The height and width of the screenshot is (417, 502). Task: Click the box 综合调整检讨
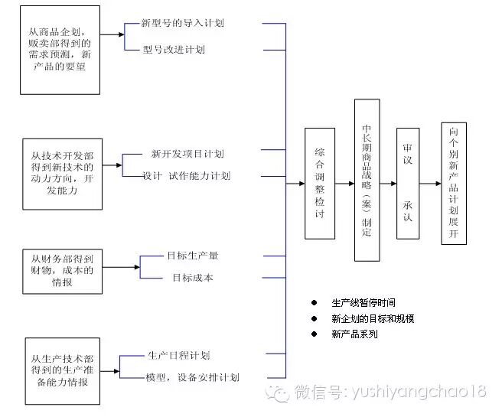pyautogui.click(x=320, y=184)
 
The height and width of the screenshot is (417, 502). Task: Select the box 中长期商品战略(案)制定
pyautogui.click(x=367, y=180)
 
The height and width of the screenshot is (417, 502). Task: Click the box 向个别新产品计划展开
pyautogui.click(x=455, y=184)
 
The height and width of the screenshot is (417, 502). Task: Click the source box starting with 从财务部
pyautogui.click(x=60, y=271)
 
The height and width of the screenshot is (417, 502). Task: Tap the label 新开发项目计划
pyautogui.click(x=187, y=153)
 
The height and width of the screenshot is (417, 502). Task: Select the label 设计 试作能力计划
pyautogui.click(x=186, y=176)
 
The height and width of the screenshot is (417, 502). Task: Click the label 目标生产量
pyautogui.click(x=192, y=255)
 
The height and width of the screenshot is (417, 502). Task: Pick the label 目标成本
pyautogui.click(x=192, y=277)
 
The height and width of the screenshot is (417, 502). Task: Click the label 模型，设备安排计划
pyautogui.click(x=192, y=377)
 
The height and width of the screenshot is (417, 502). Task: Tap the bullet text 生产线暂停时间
pyautogui.click(x=363, y=303)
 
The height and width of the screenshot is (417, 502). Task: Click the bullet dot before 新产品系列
pyautogui.click(x=313, y=334)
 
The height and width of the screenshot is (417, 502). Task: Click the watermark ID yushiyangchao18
pyautogui.click(x=416, y=393)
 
